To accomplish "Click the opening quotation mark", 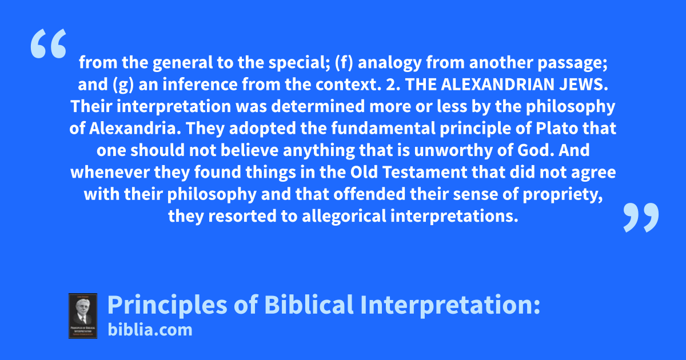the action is [49, 43].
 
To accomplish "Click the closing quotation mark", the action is [641, 217].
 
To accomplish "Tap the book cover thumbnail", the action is [83, 316].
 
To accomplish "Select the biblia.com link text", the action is [150, 330].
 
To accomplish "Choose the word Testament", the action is [425, 172].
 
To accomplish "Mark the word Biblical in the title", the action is [309, 305].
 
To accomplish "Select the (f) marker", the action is [344, 63].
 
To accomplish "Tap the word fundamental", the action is [384, 128].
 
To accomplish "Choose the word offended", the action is [369, 194].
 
